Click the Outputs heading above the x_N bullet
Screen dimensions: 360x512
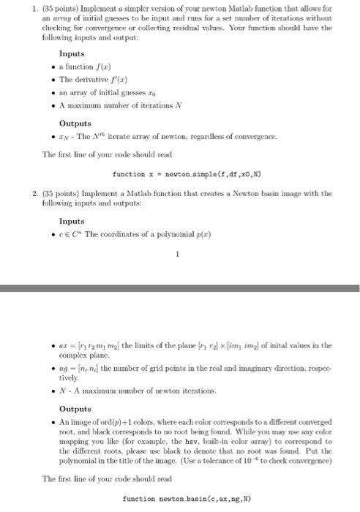point(75,123)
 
